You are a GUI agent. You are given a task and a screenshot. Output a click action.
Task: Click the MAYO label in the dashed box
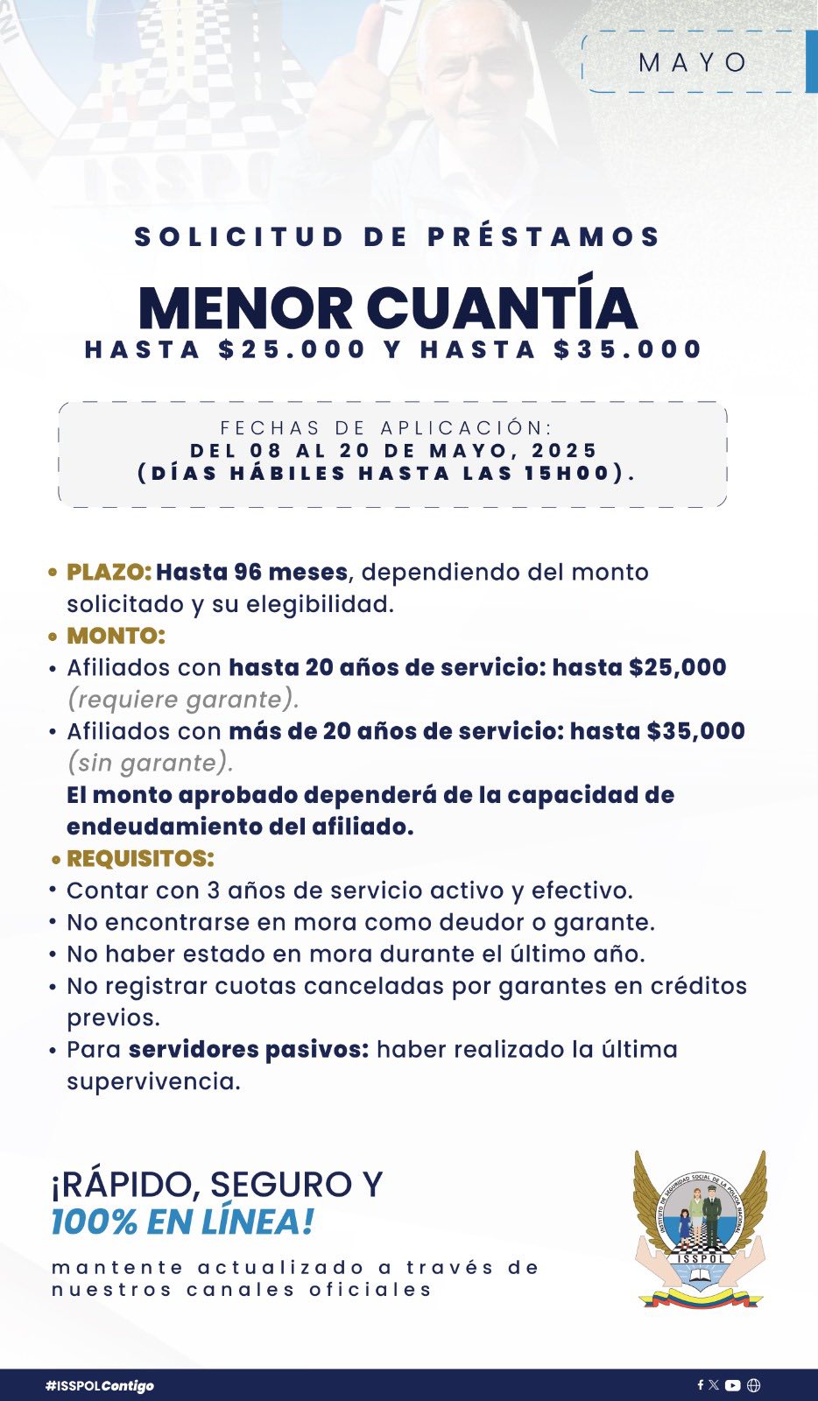694,63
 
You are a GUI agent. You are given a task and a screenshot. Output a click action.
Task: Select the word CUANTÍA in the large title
501,308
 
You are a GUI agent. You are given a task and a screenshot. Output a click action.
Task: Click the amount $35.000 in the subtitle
628,349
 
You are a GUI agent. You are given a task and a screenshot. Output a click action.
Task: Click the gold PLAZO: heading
109,573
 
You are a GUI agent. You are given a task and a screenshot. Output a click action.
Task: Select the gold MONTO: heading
116,636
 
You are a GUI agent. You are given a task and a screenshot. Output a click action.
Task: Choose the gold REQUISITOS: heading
140,858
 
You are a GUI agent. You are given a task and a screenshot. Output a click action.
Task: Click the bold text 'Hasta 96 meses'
252,573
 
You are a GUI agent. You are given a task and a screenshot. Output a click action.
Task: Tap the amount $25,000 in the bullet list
677,667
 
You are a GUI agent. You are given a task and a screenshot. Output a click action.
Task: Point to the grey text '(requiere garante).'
183,700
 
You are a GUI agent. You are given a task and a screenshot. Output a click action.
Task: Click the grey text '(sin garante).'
150,763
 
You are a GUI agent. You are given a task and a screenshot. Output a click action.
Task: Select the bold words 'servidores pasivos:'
249,1049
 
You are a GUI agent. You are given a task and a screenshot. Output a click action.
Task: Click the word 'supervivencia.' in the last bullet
153,1081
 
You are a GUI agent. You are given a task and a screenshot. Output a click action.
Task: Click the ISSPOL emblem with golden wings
699,1229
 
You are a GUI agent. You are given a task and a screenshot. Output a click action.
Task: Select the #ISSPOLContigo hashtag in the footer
100,1385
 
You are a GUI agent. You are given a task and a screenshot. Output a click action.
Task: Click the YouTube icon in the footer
733,1385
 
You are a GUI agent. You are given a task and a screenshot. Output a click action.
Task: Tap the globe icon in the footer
754,1385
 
